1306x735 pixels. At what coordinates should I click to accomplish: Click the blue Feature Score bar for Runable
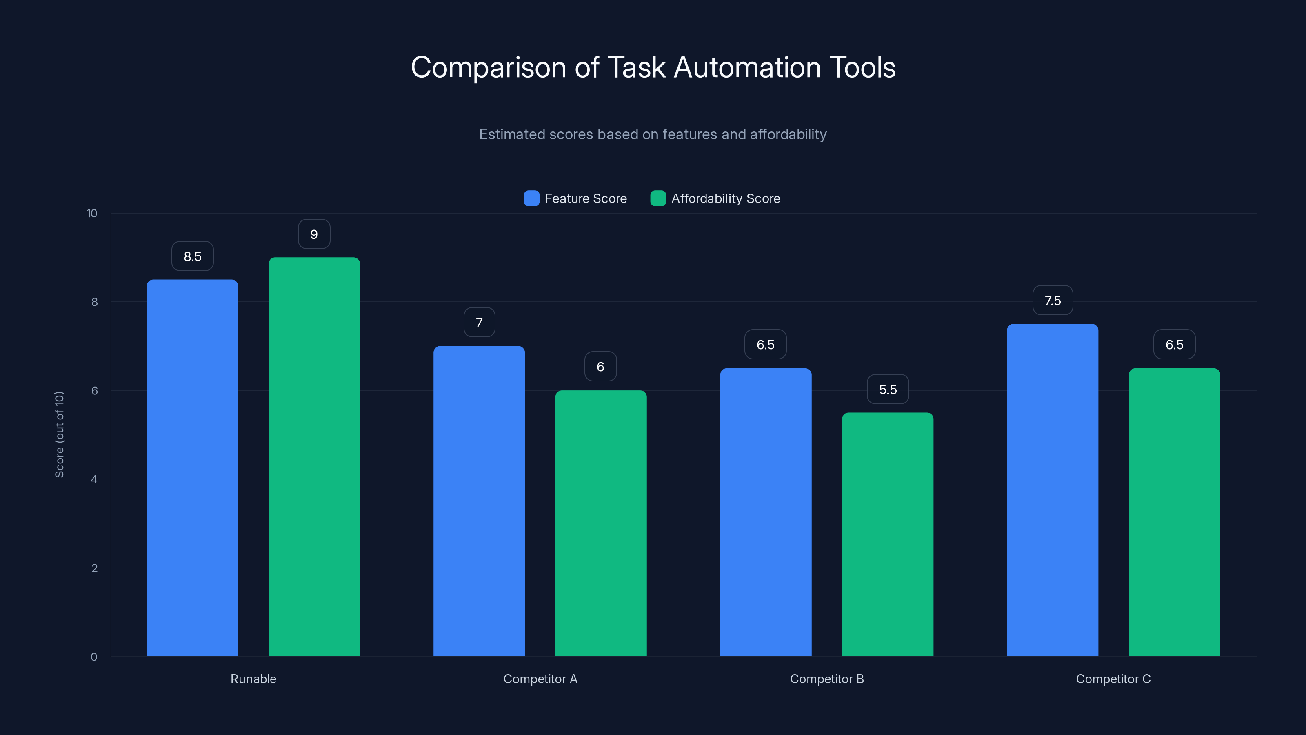(192, 467)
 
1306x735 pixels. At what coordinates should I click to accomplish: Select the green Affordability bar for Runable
(314, 457)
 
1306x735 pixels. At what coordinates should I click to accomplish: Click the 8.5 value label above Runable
(192, 256)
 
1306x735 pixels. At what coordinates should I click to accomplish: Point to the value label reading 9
(314, 234)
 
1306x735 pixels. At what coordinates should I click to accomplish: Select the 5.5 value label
(888, 389)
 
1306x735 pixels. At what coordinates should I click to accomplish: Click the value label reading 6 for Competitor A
(600, 366)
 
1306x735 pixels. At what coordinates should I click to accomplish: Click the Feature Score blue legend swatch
(531, 198)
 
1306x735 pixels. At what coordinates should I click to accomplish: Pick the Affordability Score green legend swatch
(657, 198)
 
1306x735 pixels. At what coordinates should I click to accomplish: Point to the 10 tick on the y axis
(92, 213)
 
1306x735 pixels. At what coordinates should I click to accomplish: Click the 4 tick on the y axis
(94, 479)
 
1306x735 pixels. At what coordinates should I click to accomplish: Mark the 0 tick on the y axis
(94, 657)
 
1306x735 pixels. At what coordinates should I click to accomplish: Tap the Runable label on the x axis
(253, 679)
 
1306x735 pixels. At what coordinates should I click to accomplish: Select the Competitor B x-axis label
(826, 679)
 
